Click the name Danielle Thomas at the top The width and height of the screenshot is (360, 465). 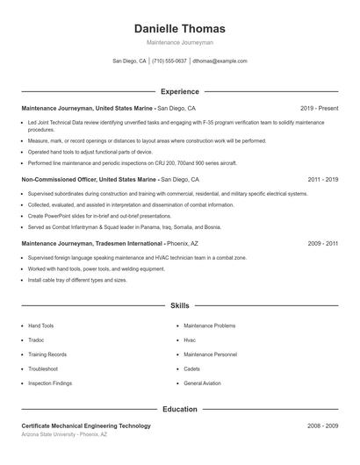pyautogui.click(x=180, y=29)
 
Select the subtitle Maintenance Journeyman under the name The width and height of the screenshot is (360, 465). pyautogui.click(x=180, y=42)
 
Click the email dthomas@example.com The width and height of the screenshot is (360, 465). pyautogui.click(x=220, y=61)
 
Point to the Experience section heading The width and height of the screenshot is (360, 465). pyautogui.click(x=180, y=91)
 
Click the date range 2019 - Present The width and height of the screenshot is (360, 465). pyautogui.click(x=319, y=108)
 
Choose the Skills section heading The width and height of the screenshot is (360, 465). pyautogui.click(x=180, y=305)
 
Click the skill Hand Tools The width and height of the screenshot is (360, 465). pyautogui.click(x=40, y=325)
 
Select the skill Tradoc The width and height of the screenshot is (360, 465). pyautogui.click(x=36, y=340)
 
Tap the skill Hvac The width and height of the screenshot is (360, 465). pyautogui.click(x=190, y=340)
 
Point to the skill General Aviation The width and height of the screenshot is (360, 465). pyautogui.click(x=202, y=383)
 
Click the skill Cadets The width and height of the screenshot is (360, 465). pyautogui.click(x=192, y=368)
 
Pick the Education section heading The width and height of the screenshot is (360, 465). pyautogui.click(x=180, y=409)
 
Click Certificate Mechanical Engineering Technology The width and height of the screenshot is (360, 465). pyautogui.click(x=86, y=426)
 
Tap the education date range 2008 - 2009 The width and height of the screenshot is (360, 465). pyautogui.click(x=322, y=426)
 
